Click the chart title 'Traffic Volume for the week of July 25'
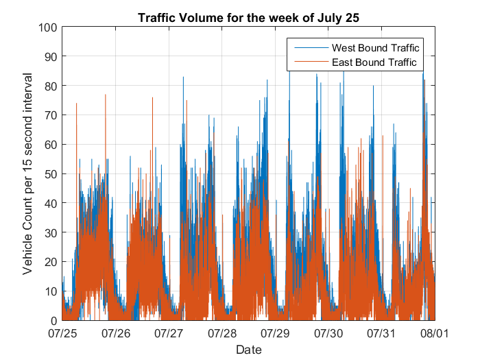point(248,18)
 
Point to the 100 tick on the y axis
point(48,27)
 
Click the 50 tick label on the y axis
point(51,174)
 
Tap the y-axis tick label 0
point(54,321)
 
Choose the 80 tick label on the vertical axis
point(51,86)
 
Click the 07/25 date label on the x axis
point(62,333)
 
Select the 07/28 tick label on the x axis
point(222,333)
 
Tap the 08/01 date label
point(435,333)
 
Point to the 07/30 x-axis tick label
point(328,333)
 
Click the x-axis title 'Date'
point(249,350)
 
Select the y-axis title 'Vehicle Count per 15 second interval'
point(27,174)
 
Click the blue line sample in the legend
point(311,48)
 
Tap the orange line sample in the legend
point(311,62)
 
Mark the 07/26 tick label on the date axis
point(116,333)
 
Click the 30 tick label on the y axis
point(51,233)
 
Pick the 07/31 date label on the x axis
point(381,333)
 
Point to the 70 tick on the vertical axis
point(51,115)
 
